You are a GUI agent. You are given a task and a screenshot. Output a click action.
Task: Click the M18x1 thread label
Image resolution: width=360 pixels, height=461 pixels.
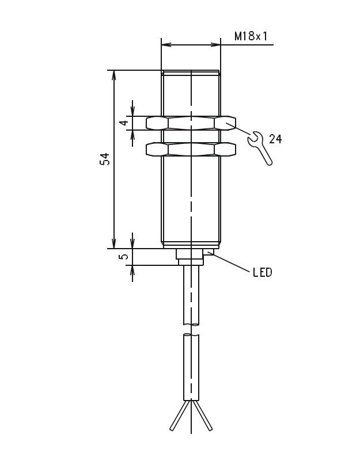[x=251, y=36]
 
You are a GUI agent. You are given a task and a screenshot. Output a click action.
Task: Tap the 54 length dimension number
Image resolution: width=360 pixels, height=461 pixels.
[x=105, y=159]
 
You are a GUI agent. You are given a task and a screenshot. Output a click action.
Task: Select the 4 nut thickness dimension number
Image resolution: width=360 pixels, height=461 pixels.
[x=125, y=123]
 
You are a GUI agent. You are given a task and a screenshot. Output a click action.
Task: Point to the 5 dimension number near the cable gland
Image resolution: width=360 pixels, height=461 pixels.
[x=124, y=256]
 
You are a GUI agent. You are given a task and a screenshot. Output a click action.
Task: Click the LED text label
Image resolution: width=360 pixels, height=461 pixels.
[x=263, y=273]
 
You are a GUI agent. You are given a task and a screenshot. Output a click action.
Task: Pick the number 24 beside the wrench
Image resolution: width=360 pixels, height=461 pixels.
[x=275, y=139]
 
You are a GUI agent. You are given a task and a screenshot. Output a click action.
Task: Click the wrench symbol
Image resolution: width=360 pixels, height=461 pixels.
[x=260, y=148]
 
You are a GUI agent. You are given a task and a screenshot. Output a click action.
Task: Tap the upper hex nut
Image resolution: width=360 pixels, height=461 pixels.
[x=191, y=123]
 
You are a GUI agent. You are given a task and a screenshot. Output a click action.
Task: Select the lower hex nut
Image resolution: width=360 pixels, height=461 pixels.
[x=191, y=149]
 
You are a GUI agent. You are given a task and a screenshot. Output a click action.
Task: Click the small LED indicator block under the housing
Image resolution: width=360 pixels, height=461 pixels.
[x=209, y=252]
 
